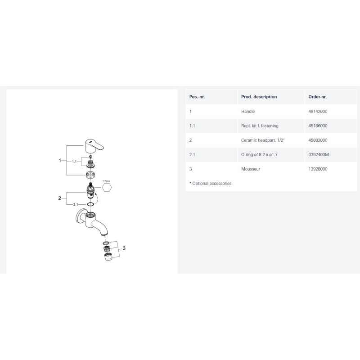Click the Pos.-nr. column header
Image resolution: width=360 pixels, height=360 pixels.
click(197, 97)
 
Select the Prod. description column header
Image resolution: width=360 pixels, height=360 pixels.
click(259, 97)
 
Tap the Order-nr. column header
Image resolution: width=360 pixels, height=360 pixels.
click(317, 97)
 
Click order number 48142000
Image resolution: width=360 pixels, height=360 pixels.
click(318, 111)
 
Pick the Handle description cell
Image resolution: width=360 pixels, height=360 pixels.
click(248, 111)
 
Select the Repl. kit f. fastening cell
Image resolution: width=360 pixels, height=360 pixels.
click(260, 126)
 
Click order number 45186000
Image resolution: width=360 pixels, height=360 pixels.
click(318, 126)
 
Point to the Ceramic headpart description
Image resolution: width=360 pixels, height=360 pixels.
click(263, 140)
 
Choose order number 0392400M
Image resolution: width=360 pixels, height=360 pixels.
click(319, 154)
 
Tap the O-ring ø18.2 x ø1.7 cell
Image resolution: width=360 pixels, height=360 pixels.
click(259, 154)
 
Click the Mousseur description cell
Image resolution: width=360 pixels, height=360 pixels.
click(251, 169)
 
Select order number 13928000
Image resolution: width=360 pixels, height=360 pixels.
click(318, 169)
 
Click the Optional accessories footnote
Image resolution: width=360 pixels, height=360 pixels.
click(210, 184)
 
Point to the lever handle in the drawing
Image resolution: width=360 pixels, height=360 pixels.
click(94, 146)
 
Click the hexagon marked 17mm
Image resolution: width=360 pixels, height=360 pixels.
click(107, 187)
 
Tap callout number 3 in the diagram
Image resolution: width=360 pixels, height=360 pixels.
click(124, 248)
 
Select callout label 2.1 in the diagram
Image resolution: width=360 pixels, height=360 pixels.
click(76, 204)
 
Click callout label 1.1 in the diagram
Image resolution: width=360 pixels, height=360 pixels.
click(74, 162)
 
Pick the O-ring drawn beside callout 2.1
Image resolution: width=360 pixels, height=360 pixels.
click(90, 204)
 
